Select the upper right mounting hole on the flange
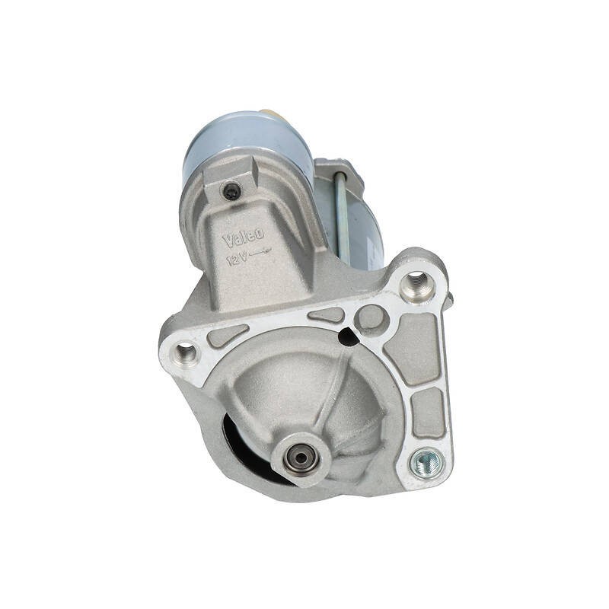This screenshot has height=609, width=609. (415, 282)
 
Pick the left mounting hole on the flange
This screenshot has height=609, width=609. (183, 352)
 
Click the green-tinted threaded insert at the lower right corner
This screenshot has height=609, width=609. (426, 463)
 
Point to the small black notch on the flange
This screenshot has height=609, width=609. (347, 336)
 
